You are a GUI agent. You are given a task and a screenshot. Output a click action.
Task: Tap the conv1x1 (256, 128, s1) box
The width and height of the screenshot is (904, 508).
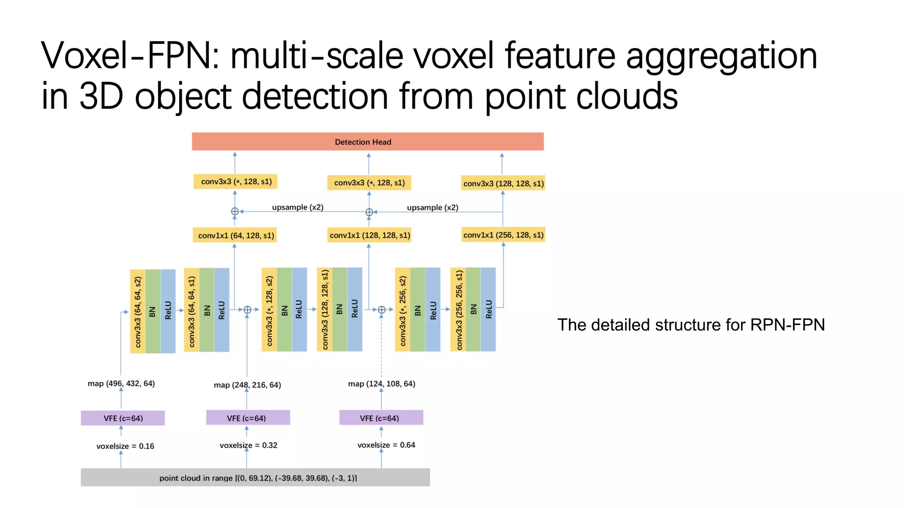[x=503, y=235]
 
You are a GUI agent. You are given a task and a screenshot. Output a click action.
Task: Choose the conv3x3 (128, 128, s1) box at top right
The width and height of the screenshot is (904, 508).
[x=503, y=183]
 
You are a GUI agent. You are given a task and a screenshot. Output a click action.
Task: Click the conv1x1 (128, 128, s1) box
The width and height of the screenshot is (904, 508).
[x=369, y=235]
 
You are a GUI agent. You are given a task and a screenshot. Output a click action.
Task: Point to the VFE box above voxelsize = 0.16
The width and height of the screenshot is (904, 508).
[x=123, y=418]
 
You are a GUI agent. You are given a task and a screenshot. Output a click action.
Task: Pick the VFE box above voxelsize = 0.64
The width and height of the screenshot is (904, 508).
[x=380, y=418]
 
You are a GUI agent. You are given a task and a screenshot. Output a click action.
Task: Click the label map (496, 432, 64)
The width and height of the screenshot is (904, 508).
[x=121, y=383]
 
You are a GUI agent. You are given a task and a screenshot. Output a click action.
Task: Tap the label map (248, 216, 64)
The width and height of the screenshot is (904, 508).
[x=247, y=385]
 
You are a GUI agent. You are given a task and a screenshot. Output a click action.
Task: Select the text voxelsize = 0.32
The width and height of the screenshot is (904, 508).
[x=248, y=445]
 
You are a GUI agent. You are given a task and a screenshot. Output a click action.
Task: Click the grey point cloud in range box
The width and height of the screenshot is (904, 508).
[x=255, y=478]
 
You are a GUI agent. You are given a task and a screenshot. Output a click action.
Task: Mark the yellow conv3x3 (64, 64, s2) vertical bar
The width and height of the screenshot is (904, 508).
[x=138, y=311]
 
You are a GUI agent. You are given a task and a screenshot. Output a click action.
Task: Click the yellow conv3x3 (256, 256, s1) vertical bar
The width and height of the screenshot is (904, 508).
[x=458, y=310]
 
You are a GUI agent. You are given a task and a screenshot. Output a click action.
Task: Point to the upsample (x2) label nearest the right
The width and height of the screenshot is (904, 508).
[x=432, y=207]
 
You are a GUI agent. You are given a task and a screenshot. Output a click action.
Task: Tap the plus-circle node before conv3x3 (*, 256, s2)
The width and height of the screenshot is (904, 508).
[x=382, y=310]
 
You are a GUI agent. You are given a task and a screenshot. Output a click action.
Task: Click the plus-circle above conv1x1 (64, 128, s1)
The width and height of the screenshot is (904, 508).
[x=235, y=212]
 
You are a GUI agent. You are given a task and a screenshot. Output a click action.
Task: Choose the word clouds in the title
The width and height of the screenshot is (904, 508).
[x=626, y=96]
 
